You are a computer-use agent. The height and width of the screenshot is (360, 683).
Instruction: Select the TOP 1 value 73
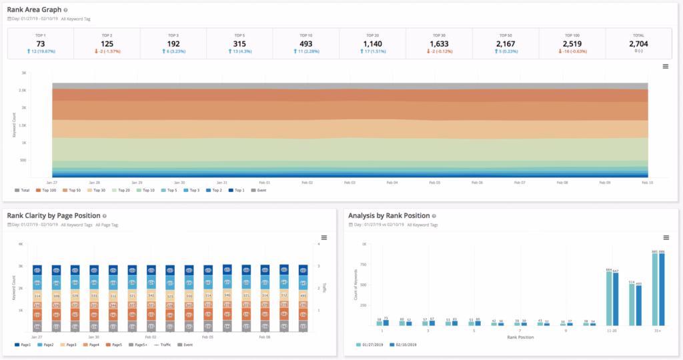[x=40, y=44]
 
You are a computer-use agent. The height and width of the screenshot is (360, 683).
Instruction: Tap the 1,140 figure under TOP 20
[x=372, y=44]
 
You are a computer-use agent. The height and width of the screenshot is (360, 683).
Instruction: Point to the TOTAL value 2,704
[x=638, y=44]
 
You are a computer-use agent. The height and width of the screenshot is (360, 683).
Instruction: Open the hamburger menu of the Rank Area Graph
[x=665, y=66]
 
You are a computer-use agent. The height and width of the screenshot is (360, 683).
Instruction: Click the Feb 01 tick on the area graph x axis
[x=264, y=181]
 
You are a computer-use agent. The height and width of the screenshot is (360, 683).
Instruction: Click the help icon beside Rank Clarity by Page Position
[x=105, y=216]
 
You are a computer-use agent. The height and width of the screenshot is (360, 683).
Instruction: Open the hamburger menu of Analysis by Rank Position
[x=665, y=237]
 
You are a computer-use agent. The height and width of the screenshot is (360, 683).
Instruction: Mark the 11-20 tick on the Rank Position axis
[x=612, y=329]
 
